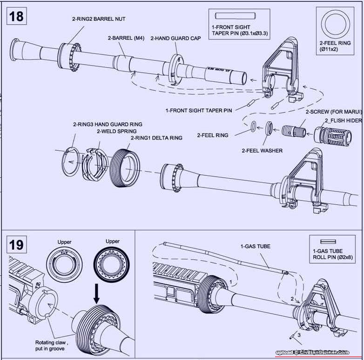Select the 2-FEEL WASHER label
[x=262, y=150]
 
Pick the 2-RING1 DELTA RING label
[x=156, y=138]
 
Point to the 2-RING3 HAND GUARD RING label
[x=108, y=124]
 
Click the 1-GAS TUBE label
[x=255, y=246]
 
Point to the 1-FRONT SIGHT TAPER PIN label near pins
[x=199, y=111]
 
